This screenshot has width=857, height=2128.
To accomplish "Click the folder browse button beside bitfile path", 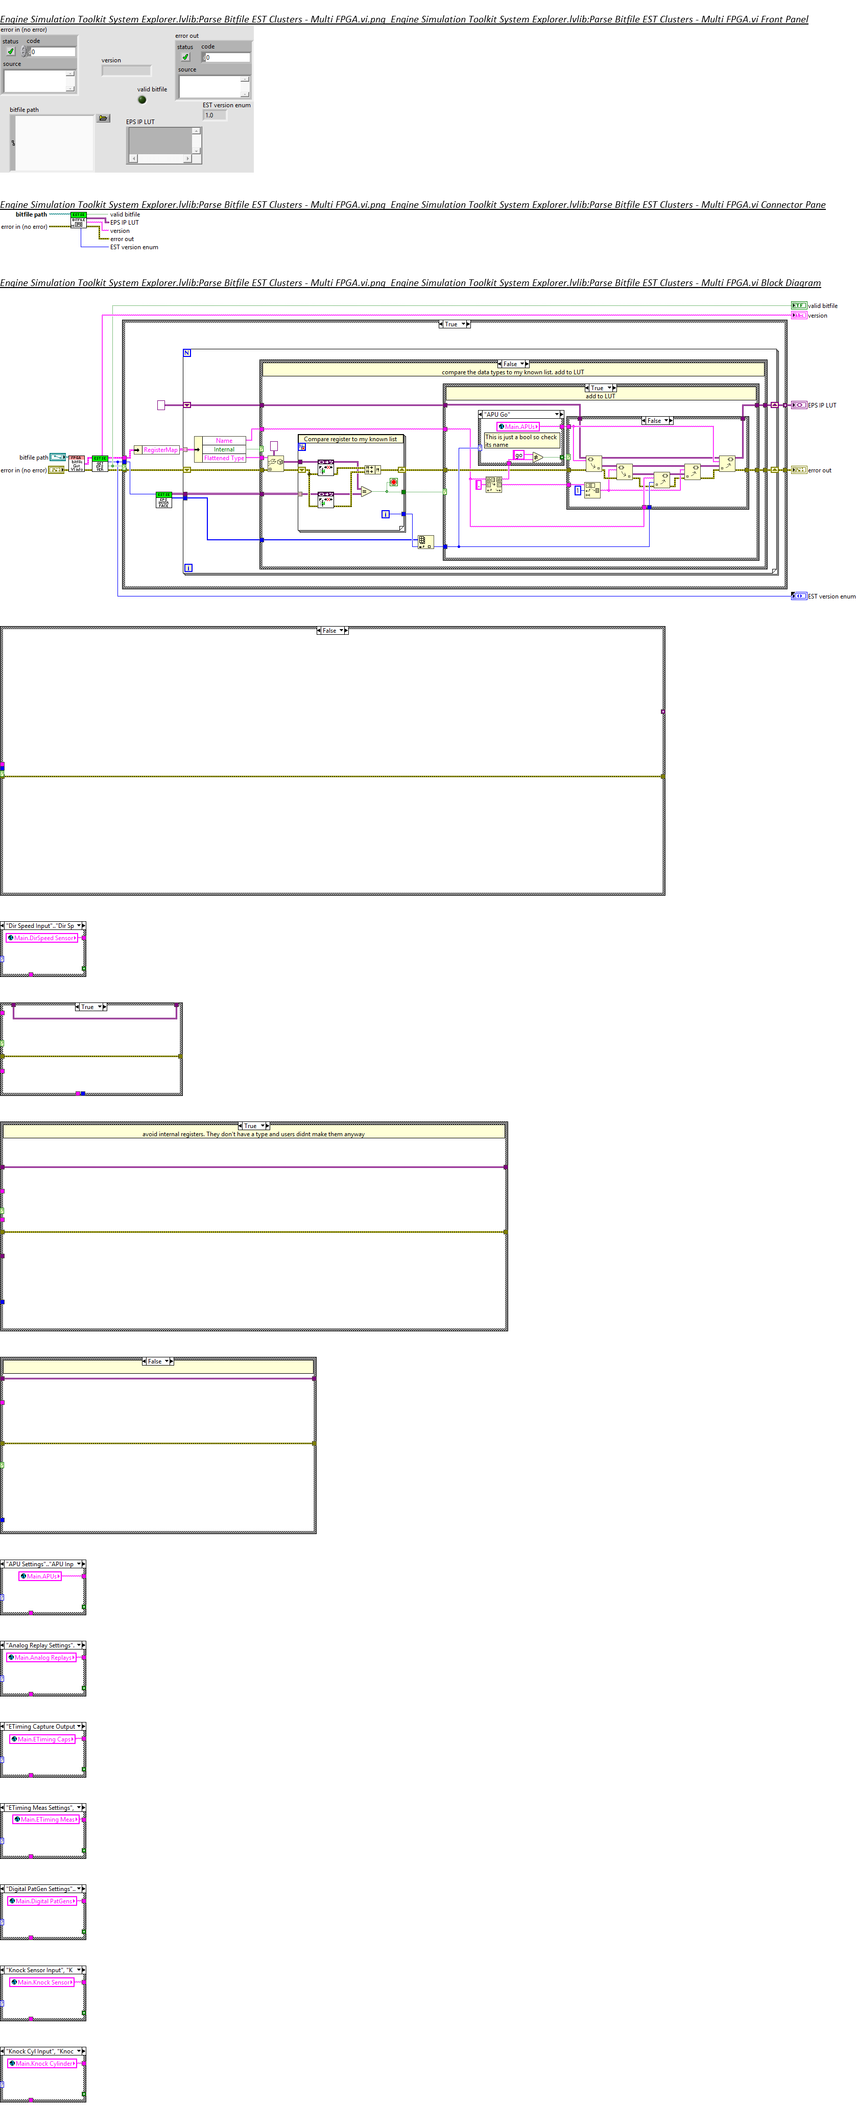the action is (x=103, y=118).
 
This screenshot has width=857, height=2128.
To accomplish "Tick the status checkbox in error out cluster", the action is (x=185, y=57).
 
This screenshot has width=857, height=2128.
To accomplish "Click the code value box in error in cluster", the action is (x=52, y=51).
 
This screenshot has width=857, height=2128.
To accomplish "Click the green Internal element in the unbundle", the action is (x=224, y=449).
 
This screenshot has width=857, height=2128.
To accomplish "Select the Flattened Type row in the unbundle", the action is (x=224, y=458).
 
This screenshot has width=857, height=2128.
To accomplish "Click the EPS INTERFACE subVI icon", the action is (x=163, y=500).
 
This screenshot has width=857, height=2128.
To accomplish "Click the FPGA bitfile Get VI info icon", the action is (x=76, y=463).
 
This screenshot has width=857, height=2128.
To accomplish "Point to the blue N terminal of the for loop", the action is (x=187, y=353).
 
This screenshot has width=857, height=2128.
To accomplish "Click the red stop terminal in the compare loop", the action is (x=393, y=482).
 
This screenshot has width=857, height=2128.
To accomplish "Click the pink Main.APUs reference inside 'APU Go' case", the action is (x=518, y=427).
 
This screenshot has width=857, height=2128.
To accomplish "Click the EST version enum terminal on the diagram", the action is (x=798, y=595).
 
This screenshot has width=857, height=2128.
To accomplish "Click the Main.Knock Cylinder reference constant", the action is (x=43, y=2063).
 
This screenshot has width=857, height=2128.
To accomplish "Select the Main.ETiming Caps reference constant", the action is (x=43, y=1739).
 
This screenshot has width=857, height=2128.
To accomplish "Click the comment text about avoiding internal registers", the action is (x=253, y=1134).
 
